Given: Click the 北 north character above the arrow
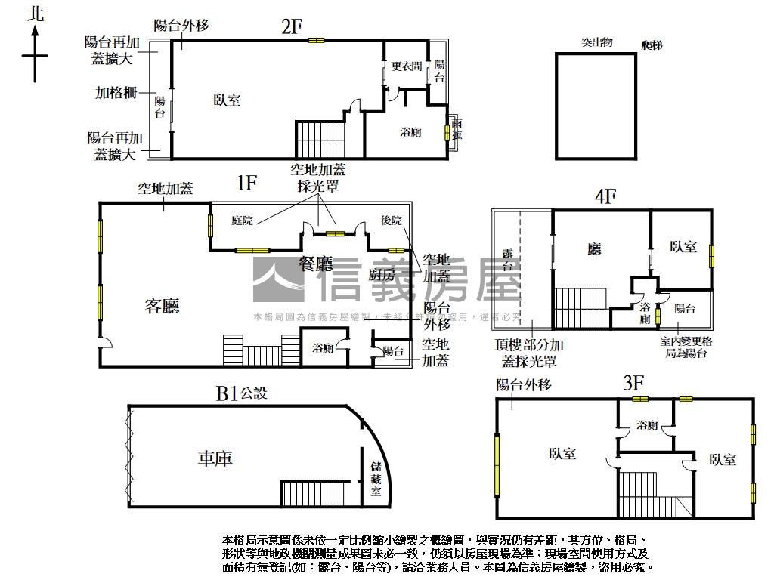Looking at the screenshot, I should click(x=35, y=14).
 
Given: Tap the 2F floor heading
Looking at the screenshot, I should click(x=291, y=26).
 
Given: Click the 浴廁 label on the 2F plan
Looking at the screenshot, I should click(x=410, y=132).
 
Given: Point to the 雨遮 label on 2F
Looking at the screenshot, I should click(x=457, y=130).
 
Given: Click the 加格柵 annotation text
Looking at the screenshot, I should click(x=116, y=93).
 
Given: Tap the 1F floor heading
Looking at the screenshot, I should click(x=247, y=182).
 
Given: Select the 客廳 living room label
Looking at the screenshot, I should click(x=163, y=306).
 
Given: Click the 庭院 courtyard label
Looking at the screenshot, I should click(x=242, y=221).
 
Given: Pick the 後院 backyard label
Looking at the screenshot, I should click(x=392, y=221).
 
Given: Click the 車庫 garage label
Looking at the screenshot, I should click(x=215, y=458).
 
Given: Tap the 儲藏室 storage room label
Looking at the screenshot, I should click(x=376, y=480).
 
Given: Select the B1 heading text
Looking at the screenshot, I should click(x=228, y=393).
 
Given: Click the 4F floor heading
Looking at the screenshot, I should click(x=605, y=197).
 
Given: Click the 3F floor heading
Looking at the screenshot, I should click(x=633, y=384).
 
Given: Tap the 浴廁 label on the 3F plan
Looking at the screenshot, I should click(x=647, y=424).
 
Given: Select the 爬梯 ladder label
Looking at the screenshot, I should click(x=651, y=45).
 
